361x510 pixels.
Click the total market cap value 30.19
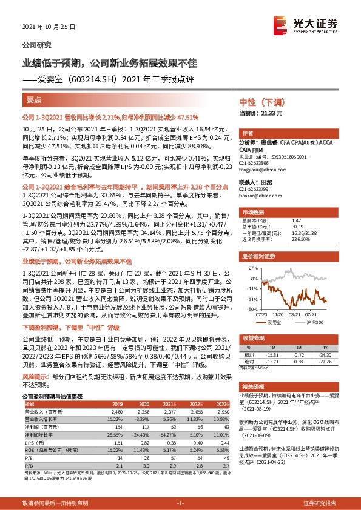297,228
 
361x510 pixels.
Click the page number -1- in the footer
180,503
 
